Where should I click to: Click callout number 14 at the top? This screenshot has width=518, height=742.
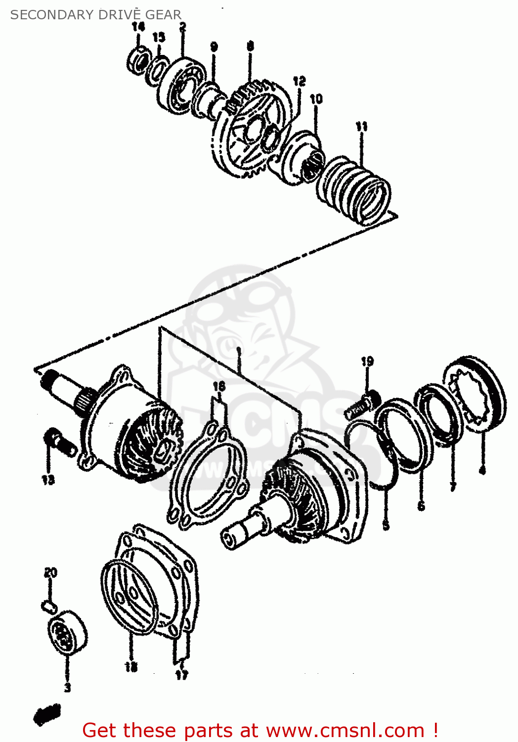[x=138, y=27]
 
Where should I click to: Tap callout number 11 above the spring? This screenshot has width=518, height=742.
[x=362, y=127]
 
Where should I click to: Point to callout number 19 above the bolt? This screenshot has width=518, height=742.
[x=367, y=362]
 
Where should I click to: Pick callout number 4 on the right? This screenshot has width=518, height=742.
[x=482, y=470]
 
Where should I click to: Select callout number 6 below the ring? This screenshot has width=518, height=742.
[x=421, y=506]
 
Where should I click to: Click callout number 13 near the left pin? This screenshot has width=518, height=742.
[x=48, y=480]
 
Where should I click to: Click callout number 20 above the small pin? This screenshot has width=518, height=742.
[x=50, y=573]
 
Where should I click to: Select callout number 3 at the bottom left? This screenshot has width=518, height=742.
[x=67, y=687]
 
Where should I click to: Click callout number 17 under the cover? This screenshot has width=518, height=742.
[x=181, y=675]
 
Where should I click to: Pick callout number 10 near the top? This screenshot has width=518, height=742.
[x=316, y=99]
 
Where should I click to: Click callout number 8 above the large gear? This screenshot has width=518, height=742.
[x=251, y=46]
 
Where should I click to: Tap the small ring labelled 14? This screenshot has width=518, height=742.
[x=139, y=61]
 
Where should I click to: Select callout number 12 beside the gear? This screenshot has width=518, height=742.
[x=299, y=81]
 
